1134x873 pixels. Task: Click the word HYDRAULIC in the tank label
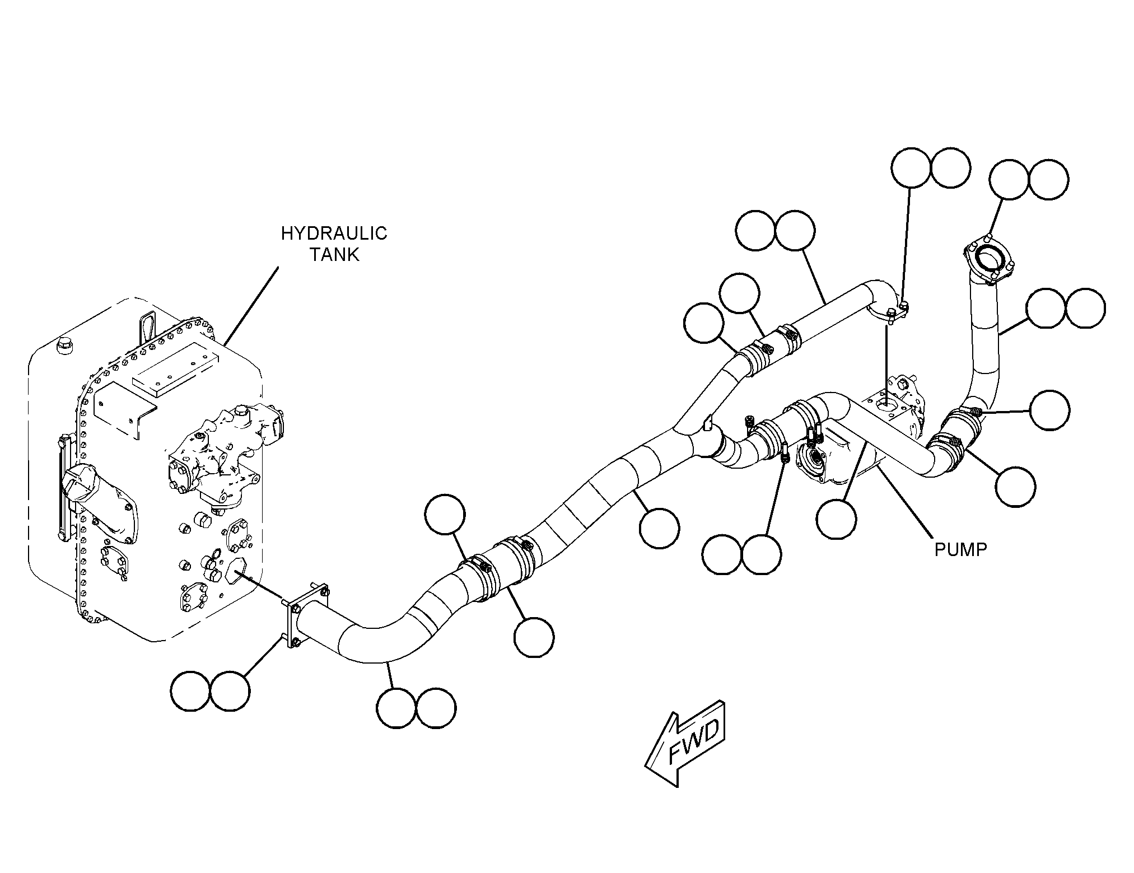[x=334, y=234]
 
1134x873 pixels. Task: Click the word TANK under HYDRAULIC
[x=335, y=255]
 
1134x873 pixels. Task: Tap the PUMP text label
[x=961, y=550]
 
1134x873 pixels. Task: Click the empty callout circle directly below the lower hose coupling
[x=534, y=637]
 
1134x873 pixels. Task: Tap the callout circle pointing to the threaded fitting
[x=1049, y=410]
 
